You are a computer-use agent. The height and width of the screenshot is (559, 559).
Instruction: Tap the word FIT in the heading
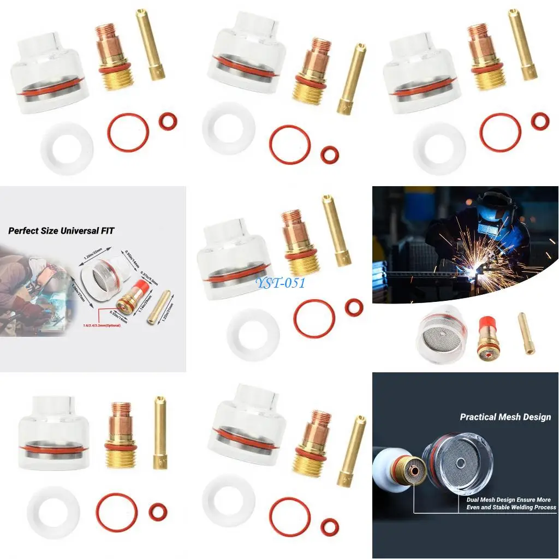pyautogui.click(x=107, y=231)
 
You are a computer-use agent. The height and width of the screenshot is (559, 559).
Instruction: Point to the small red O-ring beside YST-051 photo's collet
pyautogui.click(x=354, y=307)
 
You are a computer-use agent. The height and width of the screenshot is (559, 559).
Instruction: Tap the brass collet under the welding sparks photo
pyautogui.click(x=527, y=333)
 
